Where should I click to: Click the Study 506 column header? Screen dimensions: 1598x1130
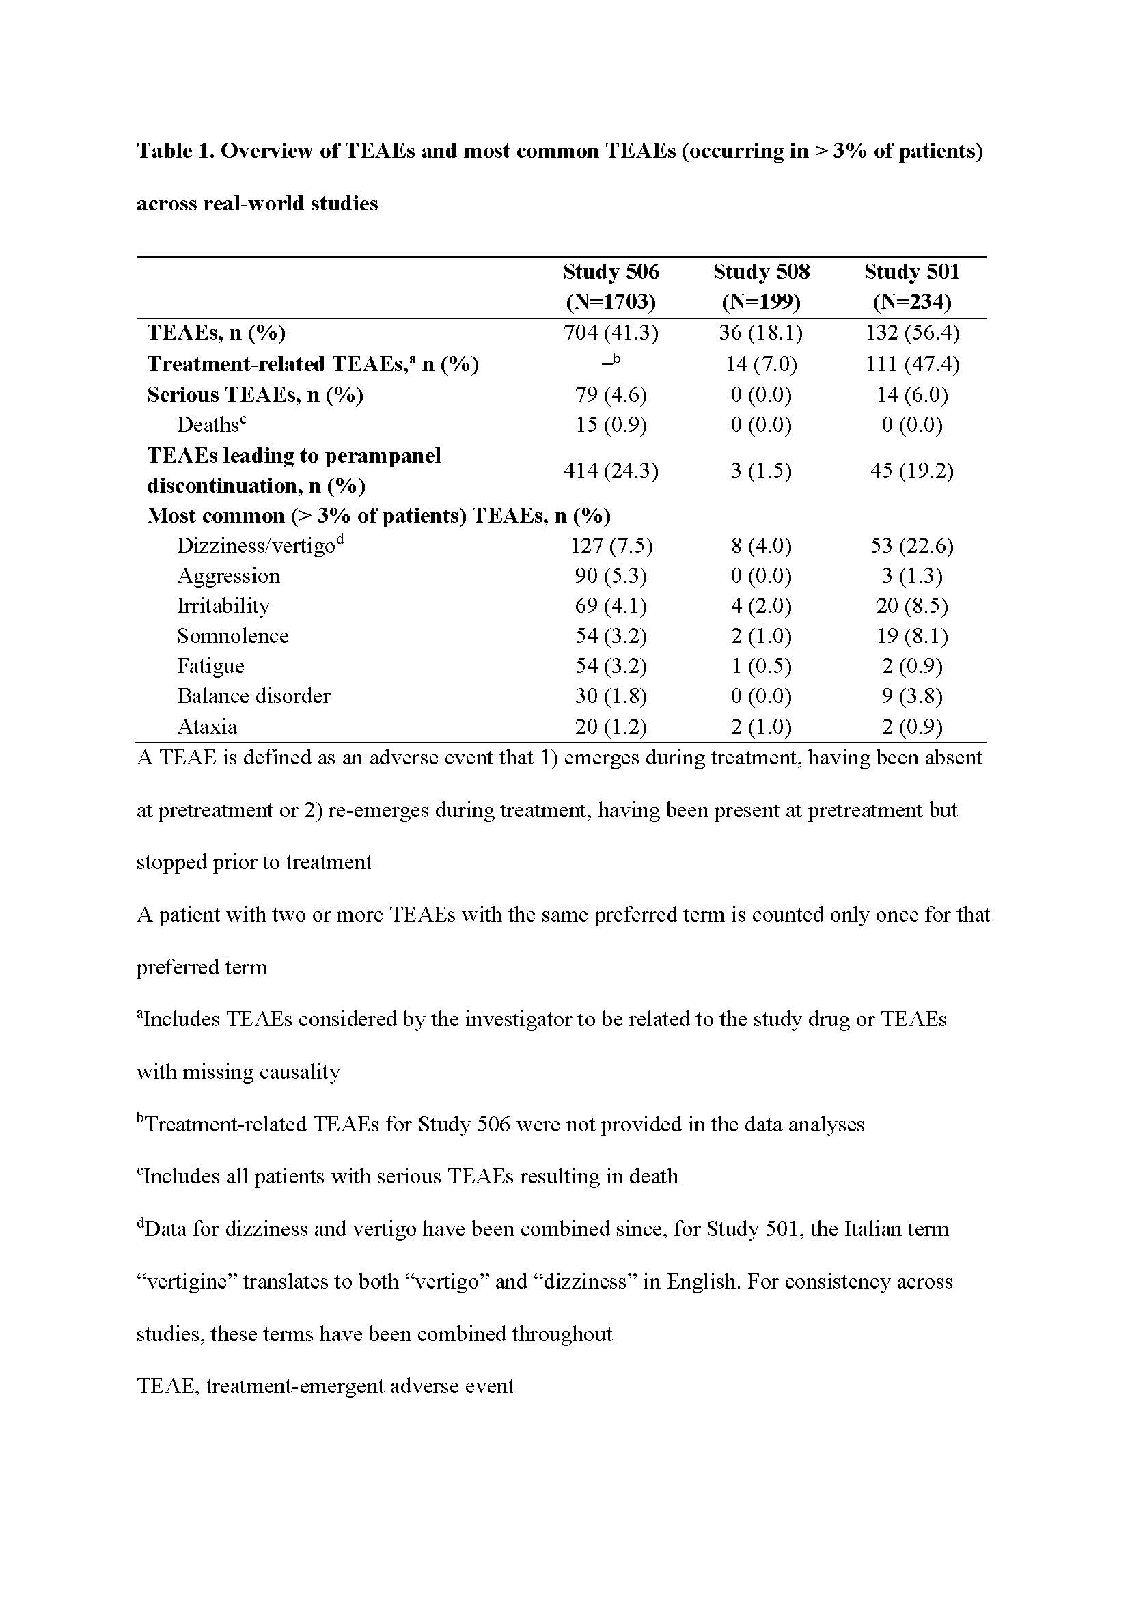611,286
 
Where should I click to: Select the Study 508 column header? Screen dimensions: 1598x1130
761,286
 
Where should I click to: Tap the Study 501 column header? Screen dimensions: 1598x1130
911,286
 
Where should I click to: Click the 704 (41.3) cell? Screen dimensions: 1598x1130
611,333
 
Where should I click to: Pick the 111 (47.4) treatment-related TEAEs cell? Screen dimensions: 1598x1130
911,364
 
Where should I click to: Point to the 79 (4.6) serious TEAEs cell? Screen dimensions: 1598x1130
611,395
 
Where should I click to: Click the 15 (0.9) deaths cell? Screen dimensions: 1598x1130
611,424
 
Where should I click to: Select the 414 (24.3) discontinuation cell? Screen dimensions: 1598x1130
611,471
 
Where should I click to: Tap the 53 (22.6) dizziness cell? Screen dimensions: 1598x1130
911,546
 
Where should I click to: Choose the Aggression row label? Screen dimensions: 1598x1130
228,575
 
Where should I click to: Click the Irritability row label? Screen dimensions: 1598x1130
223,605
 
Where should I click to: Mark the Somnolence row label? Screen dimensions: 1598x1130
232,636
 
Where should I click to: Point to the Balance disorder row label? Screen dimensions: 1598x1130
253,696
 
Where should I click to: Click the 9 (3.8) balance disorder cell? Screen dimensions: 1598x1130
911,696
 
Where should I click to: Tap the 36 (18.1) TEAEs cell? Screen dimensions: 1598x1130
761,333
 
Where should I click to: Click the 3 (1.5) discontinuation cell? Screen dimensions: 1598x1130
761,471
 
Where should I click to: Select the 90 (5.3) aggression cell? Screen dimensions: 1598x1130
611,575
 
